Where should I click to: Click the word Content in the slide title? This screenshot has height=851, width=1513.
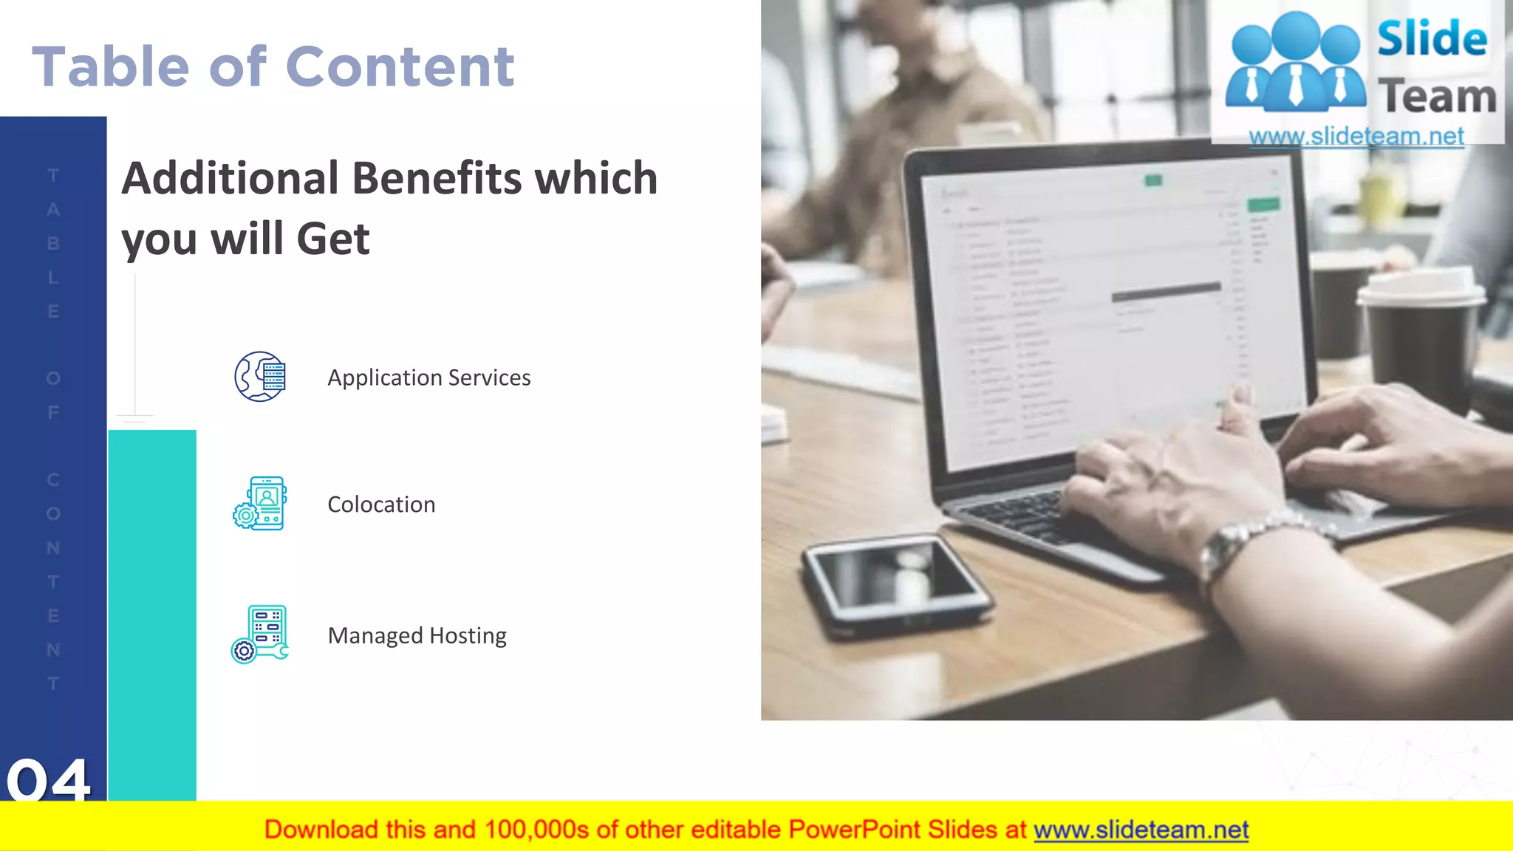click(x=400, y=66)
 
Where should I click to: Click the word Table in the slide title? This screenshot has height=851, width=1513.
click(x=111, y=66)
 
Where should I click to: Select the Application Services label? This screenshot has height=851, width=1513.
click(x=428, y=377)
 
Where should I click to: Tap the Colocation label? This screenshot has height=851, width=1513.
click(x=381, y=505)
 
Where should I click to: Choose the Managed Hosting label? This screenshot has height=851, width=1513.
click(x=417, y=635)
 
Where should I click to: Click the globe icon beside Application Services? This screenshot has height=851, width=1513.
click(x=260, y=377)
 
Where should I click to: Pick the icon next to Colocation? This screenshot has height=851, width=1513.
click(x=260, y=504)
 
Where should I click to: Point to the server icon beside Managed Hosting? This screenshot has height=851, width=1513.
click(x=260, y=635)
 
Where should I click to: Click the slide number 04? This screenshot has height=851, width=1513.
click(x=49, y=779)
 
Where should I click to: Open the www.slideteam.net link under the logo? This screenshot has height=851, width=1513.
click(x=1356, y=137)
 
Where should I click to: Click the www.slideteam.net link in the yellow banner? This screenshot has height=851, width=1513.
click(x=1141, y=830)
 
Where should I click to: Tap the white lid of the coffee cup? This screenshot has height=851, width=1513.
click(x=1421, y=288)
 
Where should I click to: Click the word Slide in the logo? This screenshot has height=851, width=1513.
click(x=1432, y=38)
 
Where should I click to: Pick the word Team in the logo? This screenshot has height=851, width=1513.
click(x=1437, y=97)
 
